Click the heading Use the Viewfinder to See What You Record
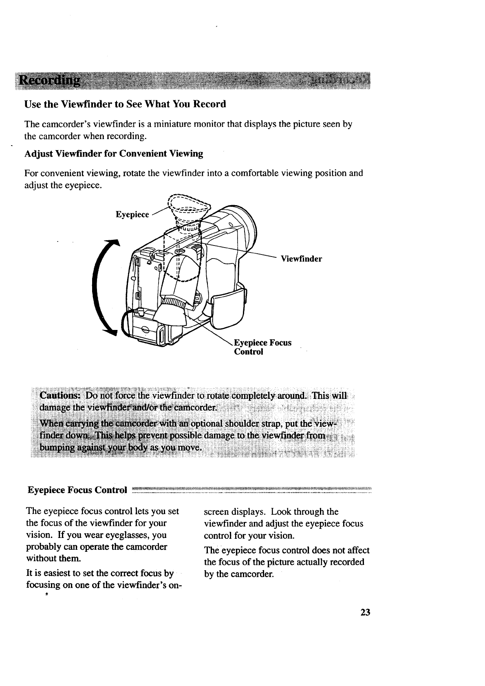125,104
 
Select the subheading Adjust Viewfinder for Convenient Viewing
114,153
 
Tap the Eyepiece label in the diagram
132,215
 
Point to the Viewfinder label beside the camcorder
301,259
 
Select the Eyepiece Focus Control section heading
77,489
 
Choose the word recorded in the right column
346,562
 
